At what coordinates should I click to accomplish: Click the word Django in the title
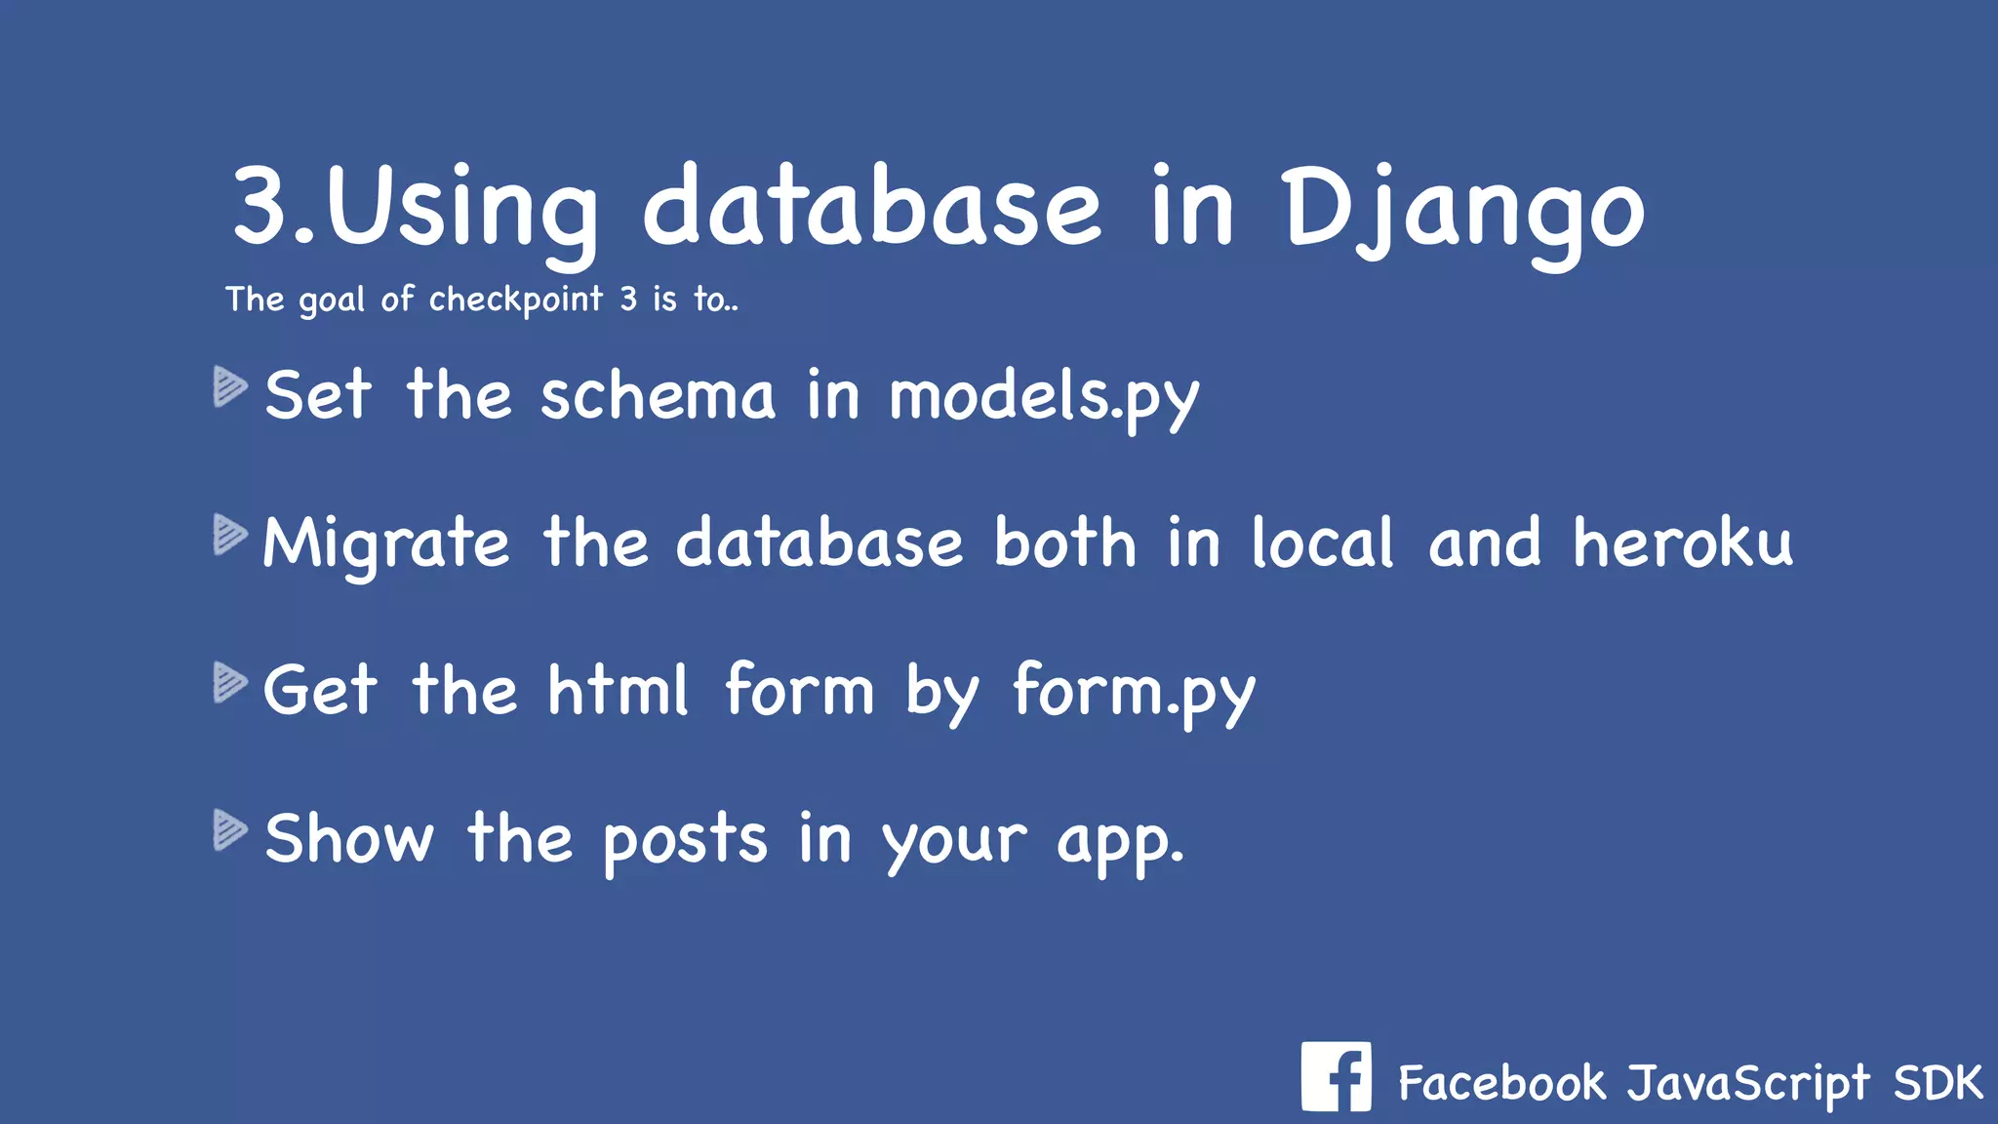pos(1463,210)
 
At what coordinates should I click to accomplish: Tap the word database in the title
pos(871,210)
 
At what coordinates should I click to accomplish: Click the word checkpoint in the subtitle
pos(516,300)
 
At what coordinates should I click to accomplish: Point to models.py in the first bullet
pos(1044,397)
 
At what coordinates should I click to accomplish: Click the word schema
pos(658,397)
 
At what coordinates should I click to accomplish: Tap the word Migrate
pos(386,544)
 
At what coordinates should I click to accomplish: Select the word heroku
pos(1683,543)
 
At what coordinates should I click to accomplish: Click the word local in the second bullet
pos(1323,543)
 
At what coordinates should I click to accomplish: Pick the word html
pos(619,691)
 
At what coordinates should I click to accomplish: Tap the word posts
pos(685,840)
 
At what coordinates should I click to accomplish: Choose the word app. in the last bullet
pos(1121,842)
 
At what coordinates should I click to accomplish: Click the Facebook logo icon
pos(1336,1076)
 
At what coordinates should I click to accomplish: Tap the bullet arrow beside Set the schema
pos(230,386)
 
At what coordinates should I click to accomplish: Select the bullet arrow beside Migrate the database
pos(230,535)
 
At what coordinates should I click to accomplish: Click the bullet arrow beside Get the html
pos(230,682)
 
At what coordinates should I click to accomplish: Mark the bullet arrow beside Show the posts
pos(230,829)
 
